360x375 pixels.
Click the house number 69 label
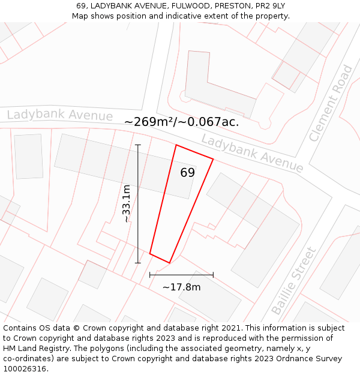(187, 173)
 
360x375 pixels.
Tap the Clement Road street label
(331, 104)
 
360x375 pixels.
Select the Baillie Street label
(294, 281)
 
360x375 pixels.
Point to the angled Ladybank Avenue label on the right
(252, 153)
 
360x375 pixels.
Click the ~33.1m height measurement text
(127, 204)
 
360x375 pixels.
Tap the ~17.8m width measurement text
(181, 287)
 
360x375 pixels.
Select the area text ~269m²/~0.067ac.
(181, 122)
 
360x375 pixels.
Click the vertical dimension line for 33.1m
(138, 204)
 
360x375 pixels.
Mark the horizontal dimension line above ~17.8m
(181, 275)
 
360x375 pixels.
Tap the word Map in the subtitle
(80, 16)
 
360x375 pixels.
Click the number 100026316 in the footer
(25, 368)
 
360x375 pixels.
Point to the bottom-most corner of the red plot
(170, 263)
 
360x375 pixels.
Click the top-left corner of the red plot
(176, 145)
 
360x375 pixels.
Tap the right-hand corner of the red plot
(213, 159)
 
